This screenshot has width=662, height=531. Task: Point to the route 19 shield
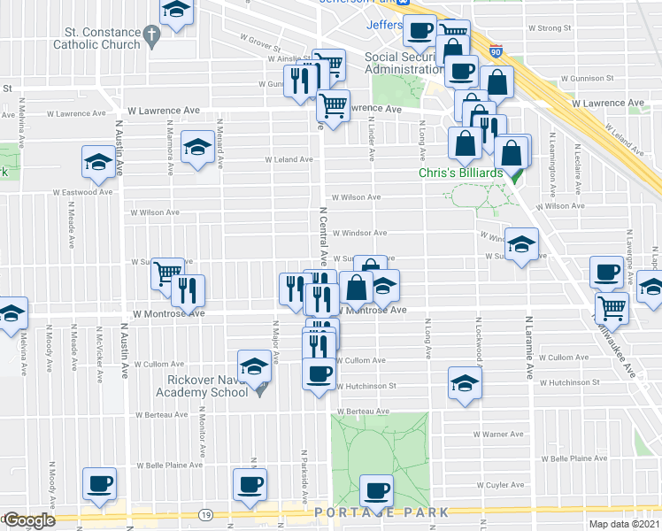point(205,514)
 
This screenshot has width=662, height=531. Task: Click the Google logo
point(29,521)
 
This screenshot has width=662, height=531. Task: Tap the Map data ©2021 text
point(625,524)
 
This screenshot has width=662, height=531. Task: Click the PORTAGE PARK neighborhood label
point(381,512)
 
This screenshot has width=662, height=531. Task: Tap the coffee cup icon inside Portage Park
point(377,489)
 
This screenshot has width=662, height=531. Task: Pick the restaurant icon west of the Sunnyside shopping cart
point(188,289)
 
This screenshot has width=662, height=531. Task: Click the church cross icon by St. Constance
point(151,37)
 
